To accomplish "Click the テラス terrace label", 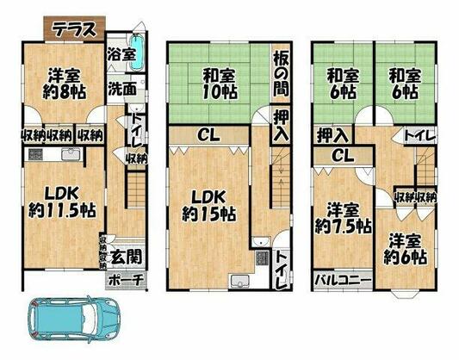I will (x=75, y=29).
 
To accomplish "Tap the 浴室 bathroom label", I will (x=121, y=54).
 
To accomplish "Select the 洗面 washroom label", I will (x=122, y=88).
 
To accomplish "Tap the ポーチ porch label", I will (x=127, y=280).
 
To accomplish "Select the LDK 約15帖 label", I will (x=208, y=206).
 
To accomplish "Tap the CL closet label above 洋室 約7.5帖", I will (x=343, y=155).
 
